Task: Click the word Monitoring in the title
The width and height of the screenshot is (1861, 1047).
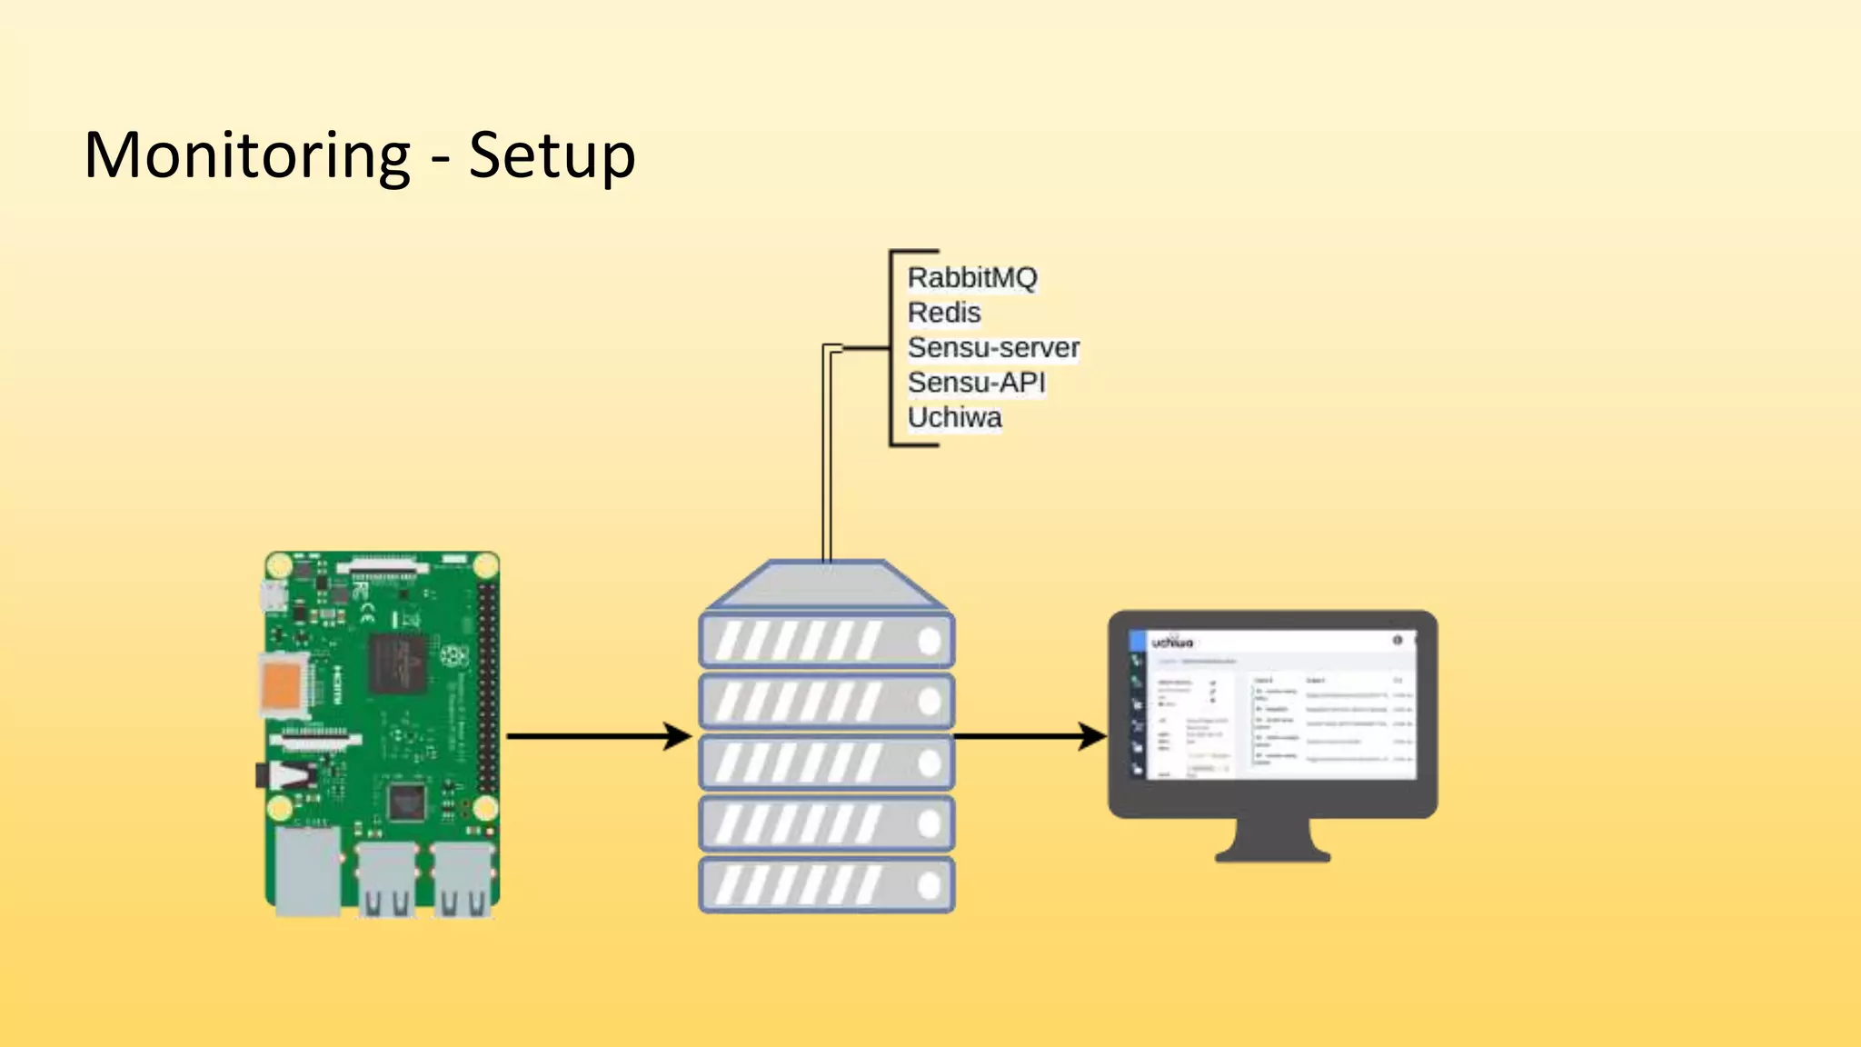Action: [x=247, y=155]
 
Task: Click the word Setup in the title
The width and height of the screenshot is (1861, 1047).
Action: [x=552, y=155]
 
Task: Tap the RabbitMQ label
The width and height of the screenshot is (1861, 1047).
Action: [x=971, y=277]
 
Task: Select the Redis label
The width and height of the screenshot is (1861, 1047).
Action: [x=944, y=313]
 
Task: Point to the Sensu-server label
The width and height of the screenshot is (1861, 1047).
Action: [x=992, y=347]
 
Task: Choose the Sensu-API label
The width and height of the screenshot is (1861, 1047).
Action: [x=976, y=383]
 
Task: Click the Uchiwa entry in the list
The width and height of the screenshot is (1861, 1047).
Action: [x=954, y=417]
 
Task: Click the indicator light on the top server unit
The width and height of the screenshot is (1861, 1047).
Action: [x=929, y=642]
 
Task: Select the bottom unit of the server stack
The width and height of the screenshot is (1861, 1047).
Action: [x=826, y=885]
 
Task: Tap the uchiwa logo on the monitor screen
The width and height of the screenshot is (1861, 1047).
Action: [x=1172, y=643]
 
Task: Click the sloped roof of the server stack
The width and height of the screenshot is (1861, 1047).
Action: [x=826, y=584]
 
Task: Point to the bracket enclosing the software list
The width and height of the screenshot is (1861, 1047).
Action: [x=891, y=348]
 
